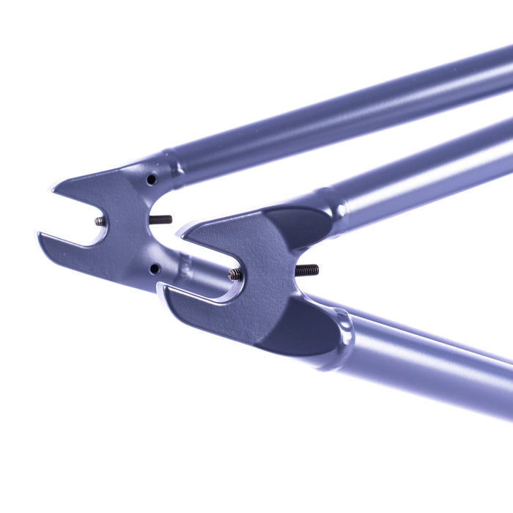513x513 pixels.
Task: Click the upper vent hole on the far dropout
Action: [151, 180]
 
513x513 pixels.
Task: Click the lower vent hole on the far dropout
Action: [154, 269]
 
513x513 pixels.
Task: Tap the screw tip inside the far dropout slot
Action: [100, 221]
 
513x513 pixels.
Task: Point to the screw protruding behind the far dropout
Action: [161, 219]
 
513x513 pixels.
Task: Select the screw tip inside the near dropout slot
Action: [235, 274]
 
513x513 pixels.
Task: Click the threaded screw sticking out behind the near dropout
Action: [307, 270]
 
